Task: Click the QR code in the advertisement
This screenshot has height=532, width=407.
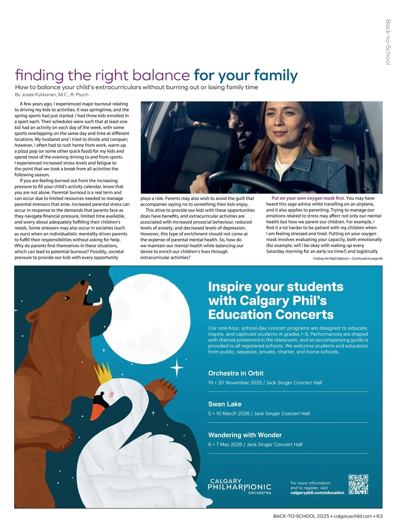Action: (x=358, y=484)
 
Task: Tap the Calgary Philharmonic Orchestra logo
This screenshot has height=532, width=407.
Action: (x=239, y=486)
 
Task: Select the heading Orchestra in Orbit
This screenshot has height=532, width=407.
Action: (x=236, y=373)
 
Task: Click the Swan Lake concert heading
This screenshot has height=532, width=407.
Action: (x=225, y=404)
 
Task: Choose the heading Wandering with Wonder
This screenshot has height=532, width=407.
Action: (x=245, y=435)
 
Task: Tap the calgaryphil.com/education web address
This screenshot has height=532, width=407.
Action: (x=317, y=493)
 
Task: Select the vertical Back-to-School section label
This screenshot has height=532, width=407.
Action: (x=388, y=42)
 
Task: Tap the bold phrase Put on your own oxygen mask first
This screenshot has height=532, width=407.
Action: (x=308, y=198)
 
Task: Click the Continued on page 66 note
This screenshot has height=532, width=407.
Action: (x=348, y=258)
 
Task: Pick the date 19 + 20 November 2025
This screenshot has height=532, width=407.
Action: (x=235, y=383)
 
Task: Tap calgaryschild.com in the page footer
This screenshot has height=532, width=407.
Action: (x=353, y=516)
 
